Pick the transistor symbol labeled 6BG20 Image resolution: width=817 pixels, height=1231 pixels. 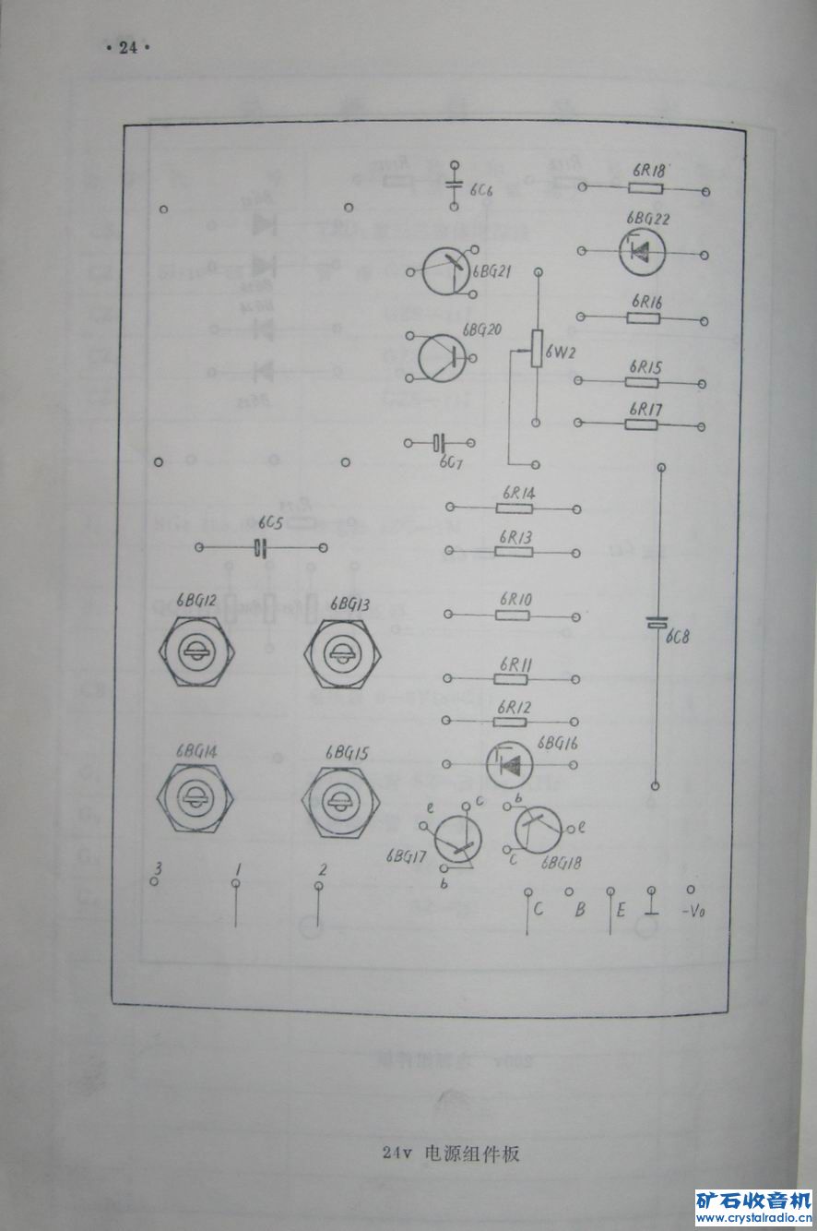pyautogui.click(x=441, y=357)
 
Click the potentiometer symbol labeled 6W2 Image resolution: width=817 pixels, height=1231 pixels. pyautogui.click(x=537, y=351)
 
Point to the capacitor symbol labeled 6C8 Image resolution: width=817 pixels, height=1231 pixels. pyautogui.click(x=656, y=624)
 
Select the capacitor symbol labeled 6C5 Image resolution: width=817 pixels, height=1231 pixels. pyautogui.click(x=261, y=548)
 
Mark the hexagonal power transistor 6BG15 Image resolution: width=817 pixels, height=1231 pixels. pyautogui.click(x=342, y=801)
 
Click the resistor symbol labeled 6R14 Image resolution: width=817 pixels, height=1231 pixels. pyautogui.click(x=513, y=508)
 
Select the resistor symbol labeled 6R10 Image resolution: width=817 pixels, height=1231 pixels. pyautogui.click(x=513, y=614)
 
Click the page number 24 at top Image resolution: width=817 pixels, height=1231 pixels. pyautogui.click(x=127, y=48)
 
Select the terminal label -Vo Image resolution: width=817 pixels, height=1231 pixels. pyautogui.click(x=693, y=911)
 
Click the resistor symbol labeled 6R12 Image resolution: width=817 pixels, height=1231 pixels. pyautogui.click(x=513, y=720)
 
